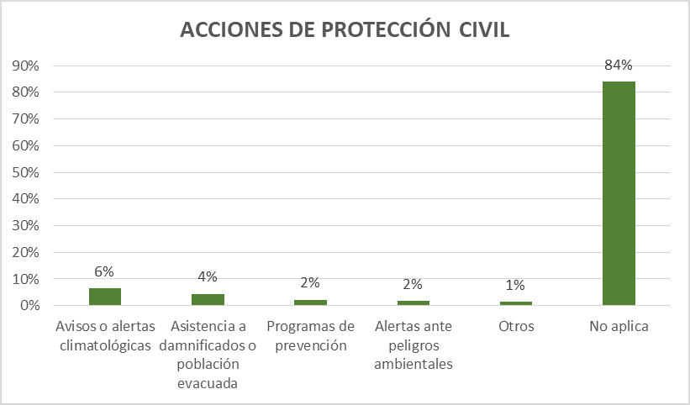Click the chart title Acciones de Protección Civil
(345, 30)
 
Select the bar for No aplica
(619, 193)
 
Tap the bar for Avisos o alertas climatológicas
(105, 297)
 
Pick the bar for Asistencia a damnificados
(208, 299)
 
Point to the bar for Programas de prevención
(310, 302)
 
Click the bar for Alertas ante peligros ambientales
(413, 302)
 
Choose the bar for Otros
(516, 302)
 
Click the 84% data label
(619, 65)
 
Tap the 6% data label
(104, 271)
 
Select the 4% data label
(208, 276)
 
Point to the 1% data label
(516, 285)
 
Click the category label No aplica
(619, 326)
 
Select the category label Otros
(516, 326)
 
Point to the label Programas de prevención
(310, 335)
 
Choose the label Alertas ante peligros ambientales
(413, 345)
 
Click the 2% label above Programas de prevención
(310, 283)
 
